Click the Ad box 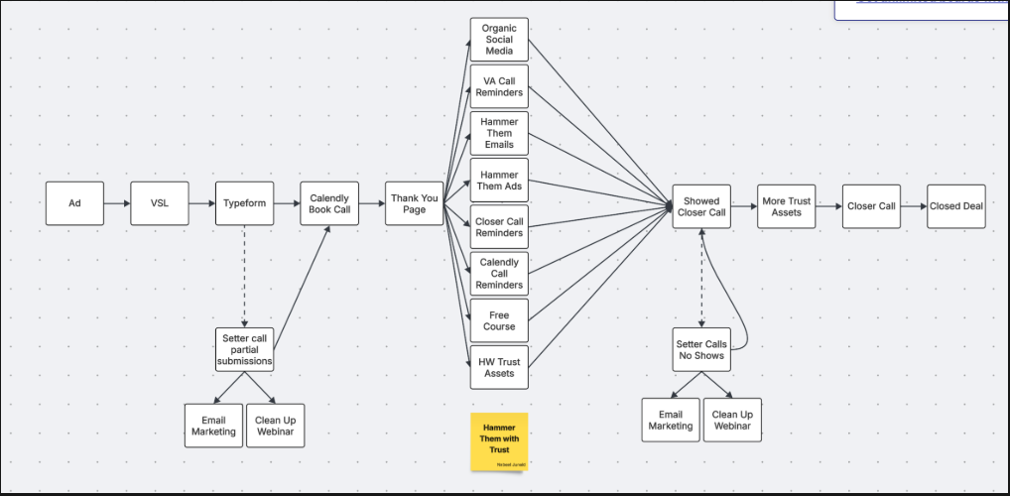coord(74,203)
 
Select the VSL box coord(159,203)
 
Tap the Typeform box coord(244,203)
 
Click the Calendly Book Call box coord(329,204)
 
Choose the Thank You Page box coord(415,204)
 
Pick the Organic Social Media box coord(499,40)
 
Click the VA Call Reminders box coord(499,86)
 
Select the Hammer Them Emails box coord(499,133)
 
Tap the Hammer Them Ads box coord(499,181)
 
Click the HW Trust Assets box coord(499,368)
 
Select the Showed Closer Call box coord(701,206)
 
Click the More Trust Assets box coord(787,206)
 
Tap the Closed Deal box coord(956,206)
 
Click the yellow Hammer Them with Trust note coord(499,441)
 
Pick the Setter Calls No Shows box coord(701,350)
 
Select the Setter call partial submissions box coord(244,350)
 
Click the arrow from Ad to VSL coord(117,204)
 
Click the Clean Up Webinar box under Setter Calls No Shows coord(732,420)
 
